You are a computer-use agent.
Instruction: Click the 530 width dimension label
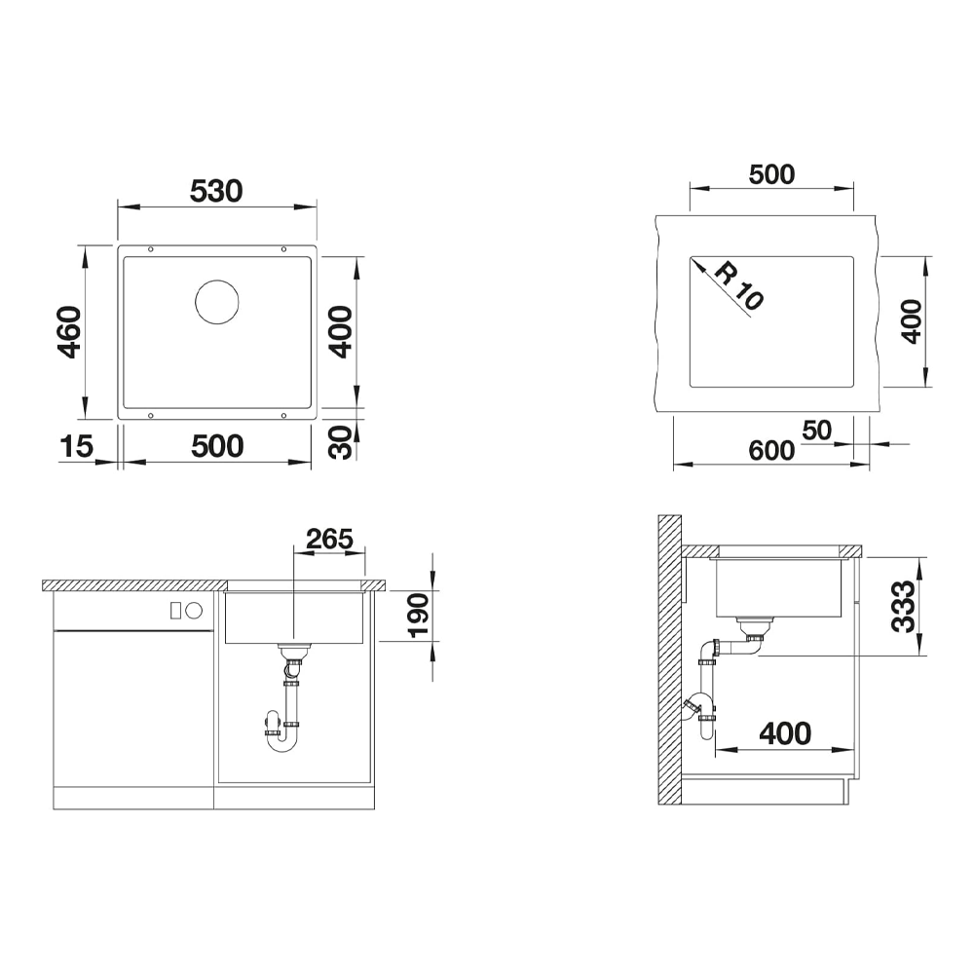pos(216,191)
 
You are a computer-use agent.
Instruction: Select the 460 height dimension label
pos(69,332)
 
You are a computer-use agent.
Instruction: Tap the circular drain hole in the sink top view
pos(217,302)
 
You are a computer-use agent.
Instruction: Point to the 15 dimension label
pos(76,447)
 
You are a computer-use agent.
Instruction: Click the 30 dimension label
pos(340,442)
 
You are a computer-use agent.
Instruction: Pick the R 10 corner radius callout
pos(738,285)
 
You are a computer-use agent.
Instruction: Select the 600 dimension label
pos(770,450)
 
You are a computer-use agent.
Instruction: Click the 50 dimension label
pos(816,430)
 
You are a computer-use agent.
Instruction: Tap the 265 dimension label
pos(329,539)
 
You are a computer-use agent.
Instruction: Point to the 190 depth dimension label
pos(418,615)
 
